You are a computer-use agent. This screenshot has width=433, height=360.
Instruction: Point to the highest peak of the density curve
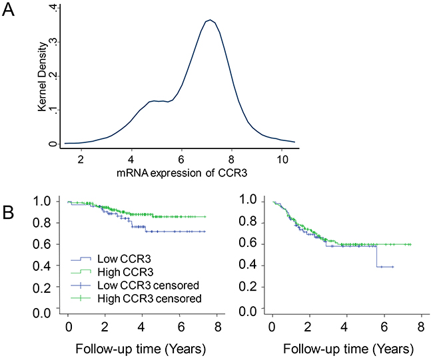[209, 21]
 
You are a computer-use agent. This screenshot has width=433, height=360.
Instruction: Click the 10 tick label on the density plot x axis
[282, 160]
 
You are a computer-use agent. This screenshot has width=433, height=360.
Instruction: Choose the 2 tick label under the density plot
[81, 160]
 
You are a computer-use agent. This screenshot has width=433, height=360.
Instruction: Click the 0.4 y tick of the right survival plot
[248, 266]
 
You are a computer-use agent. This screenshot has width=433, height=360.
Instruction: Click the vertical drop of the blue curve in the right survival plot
[377, 256]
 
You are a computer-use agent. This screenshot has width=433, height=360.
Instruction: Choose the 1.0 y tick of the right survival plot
[248, 200]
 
